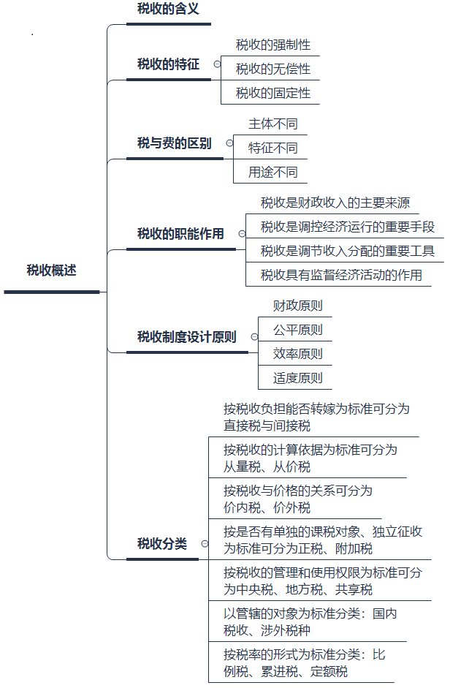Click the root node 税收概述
pyautogui.click(x=51, y=271)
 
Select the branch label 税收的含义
pyautogui.click(x=168, y=10)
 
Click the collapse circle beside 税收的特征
pyautogui.click(x=216, y=64)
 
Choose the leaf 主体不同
pyautogui.click(x=273, y=124)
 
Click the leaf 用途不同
pyautogui.click(x=273, y=173)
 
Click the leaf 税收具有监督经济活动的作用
pyautogui.click(x=341, y=275)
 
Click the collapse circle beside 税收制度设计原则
pyautogui.click(x=254, y=337)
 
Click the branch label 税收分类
pyautogui.click(x=162, y=543)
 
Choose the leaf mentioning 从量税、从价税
pyautogui.click(x=310, y=458)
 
